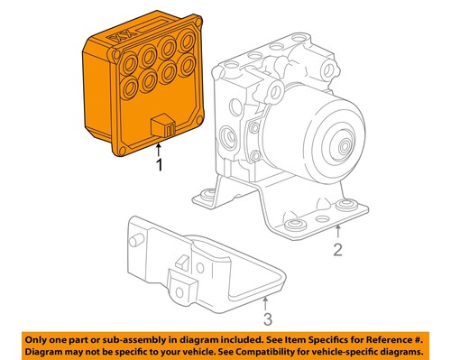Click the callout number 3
tap(267, 318)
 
